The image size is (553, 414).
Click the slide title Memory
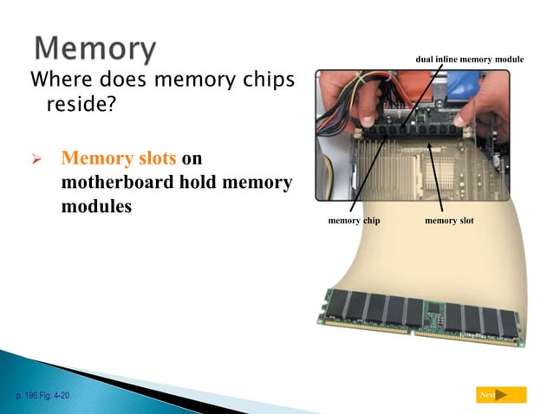click(95, 49)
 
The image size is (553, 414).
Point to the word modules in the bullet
click(96, 208)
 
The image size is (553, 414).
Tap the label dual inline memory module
click(470, 59)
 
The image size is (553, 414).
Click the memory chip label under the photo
click(354, 221)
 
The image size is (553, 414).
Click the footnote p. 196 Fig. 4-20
click(42, 395)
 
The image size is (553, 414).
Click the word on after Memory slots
click(192, 159)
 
